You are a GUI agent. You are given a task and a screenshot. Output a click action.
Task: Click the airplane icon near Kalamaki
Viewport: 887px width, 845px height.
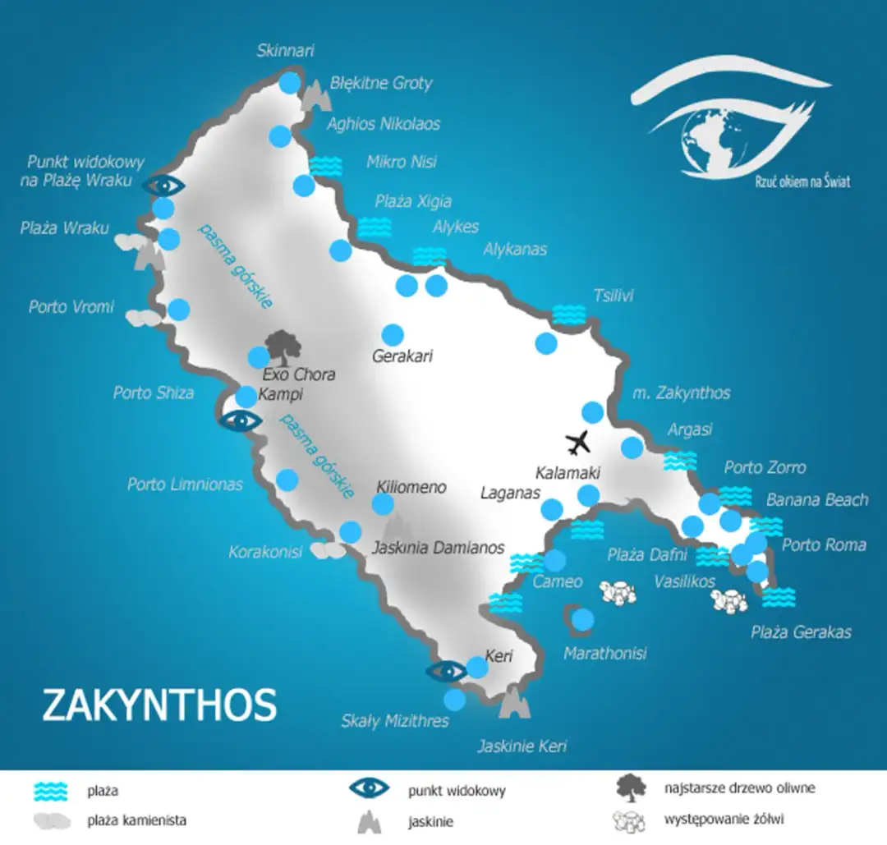point(579,442)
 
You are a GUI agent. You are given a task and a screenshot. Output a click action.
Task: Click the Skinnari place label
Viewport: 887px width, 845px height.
point(285,51)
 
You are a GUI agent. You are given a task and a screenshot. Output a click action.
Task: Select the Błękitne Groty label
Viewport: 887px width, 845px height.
point(381,83)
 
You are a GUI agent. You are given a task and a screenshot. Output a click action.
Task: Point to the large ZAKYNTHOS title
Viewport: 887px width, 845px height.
point(159,705)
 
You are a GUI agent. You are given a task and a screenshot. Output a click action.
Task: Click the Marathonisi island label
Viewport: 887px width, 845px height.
point(605,654)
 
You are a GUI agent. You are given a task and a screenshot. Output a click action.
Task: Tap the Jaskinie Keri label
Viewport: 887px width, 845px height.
point(522,746)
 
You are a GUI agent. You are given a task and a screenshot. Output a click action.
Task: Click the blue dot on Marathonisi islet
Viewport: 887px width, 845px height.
point(582,620)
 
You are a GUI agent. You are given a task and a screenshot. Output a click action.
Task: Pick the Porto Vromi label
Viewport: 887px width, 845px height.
point(71,307)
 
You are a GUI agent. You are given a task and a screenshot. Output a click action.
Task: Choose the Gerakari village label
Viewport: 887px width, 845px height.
point(402,356)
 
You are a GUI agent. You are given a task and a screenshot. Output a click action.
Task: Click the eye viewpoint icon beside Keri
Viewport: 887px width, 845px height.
point(446,671)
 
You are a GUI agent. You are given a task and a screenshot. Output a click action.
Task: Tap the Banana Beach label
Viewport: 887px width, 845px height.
point(816,500)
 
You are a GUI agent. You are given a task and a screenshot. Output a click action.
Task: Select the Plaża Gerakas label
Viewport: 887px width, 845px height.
point(801,631)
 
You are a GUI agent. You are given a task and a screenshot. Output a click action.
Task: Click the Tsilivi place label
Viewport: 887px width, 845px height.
point(614,296)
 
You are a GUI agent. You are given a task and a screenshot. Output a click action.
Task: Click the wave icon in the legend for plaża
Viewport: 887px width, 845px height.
point(50,791)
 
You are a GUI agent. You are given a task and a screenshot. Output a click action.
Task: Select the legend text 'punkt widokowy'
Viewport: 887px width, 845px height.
point(456,792)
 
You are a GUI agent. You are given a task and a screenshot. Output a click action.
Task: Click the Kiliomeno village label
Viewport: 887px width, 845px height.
point(411,487)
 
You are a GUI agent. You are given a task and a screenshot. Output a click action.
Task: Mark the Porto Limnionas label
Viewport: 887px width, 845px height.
point(185,484)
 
